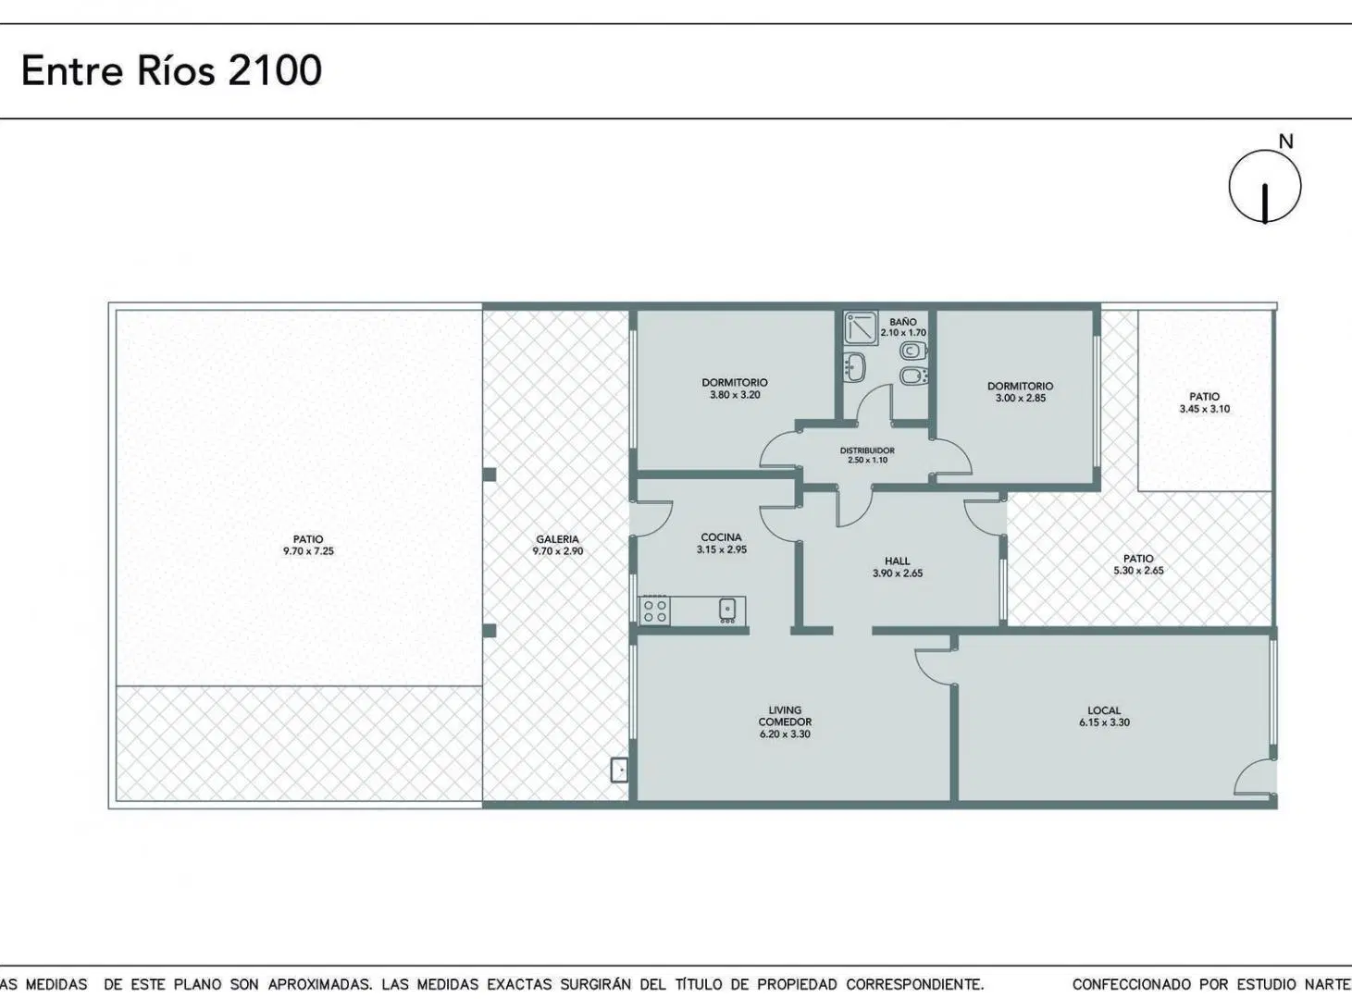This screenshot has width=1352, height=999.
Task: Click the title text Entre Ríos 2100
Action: [171, 70]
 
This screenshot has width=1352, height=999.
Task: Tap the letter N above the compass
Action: [1285, 142]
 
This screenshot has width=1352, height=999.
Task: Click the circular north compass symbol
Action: [1265, 187]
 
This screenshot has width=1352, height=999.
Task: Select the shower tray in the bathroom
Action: [861, 328]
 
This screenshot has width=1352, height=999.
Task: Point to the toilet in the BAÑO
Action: [914, 351]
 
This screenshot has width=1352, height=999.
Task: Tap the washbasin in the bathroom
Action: [856, 367]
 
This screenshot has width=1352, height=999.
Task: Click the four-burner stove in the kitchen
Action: [655, 610]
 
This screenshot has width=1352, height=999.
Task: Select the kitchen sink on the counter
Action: [727, 610]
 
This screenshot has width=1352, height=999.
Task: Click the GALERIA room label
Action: [557, 539]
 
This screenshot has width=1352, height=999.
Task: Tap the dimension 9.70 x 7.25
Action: [308, 551]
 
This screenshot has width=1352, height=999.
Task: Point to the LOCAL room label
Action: [1104, 710]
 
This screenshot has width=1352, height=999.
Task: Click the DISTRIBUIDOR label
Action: [867, 450]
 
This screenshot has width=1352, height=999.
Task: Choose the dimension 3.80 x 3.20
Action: [735, 394]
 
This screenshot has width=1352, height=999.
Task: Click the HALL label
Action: [898, 561]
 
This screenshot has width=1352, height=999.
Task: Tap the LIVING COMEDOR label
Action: [785, 716]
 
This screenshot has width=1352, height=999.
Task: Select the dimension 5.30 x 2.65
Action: [1138, 571]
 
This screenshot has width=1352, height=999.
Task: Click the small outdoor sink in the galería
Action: [619, 770]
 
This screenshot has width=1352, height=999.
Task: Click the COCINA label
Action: [721, 537]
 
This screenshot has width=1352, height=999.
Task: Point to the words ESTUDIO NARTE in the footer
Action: [1294, 984]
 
